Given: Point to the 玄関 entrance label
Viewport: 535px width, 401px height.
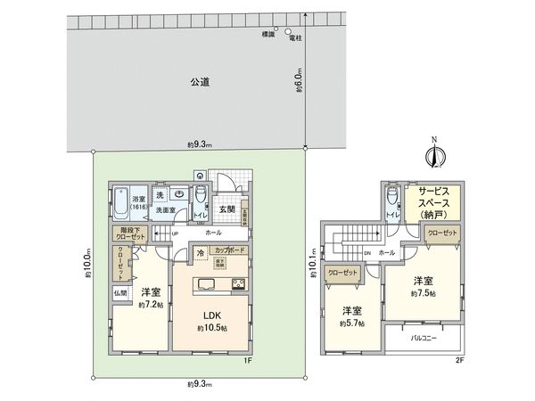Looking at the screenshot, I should pyautogui.click(x=226, y=209).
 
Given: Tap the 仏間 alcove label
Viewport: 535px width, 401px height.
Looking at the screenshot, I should pyautogui.click(x=119, y=292).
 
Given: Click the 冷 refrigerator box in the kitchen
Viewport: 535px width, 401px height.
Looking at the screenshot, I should pyautogui.click(x=202, y=254).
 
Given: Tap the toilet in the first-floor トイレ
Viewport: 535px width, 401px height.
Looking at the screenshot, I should pyautogui.click(x=201, y=193).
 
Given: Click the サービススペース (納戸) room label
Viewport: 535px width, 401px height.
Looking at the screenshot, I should pyautogui.click(x=433, y=203).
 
